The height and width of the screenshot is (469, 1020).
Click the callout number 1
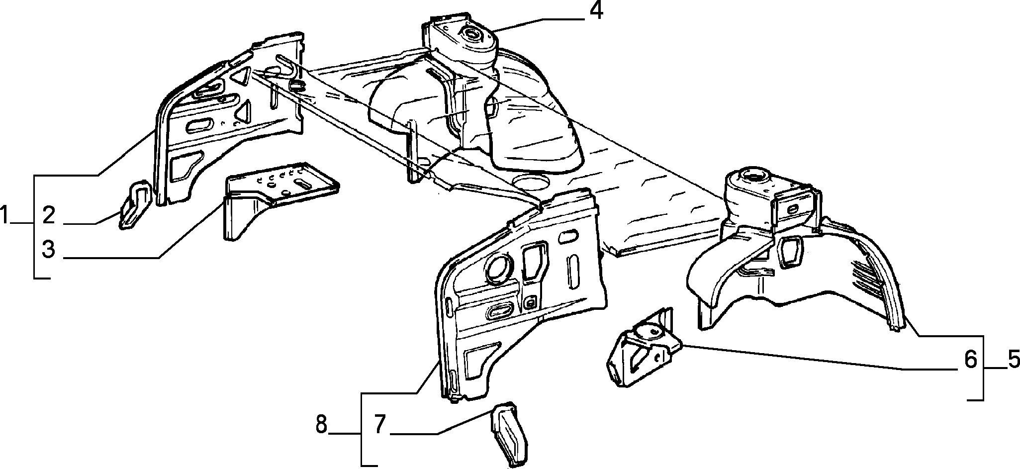5,217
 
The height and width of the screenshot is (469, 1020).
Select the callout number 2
48,216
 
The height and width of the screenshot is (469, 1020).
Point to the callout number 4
596,10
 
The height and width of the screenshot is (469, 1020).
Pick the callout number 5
1014,360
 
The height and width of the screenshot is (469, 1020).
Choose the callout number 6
971,360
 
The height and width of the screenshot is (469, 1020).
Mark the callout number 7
380,424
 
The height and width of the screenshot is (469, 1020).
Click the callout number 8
322,425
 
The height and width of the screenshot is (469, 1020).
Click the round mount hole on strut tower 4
470,35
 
